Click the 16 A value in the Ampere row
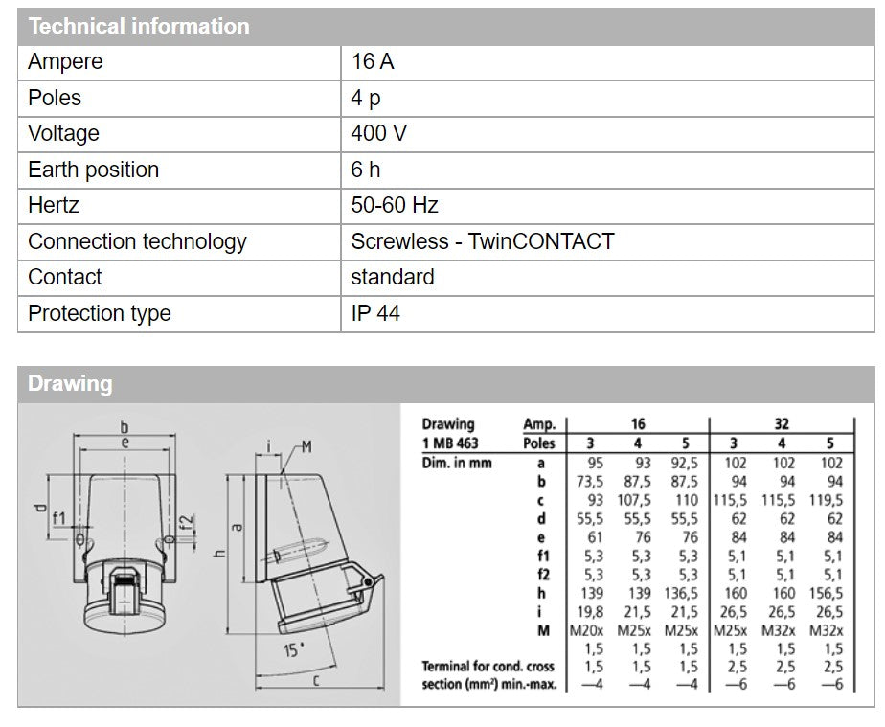[x=373, y=62]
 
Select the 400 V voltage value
[x=378, y=134]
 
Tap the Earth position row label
[x=93, y=170]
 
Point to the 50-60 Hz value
[x=395, y=206]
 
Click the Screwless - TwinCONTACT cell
[x=482, y=241]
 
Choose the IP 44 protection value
[x=375, y=313]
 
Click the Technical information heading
[x=139, y=26]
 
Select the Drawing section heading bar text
[x=70, y=384]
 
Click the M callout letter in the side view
[x=306, y=446]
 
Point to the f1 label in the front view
[x=59, y=518]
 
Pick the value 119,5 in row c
[x=826, y=500]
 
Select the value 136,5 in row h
[x=683, y=592]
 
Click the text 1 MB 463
[x=450, y=443]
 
